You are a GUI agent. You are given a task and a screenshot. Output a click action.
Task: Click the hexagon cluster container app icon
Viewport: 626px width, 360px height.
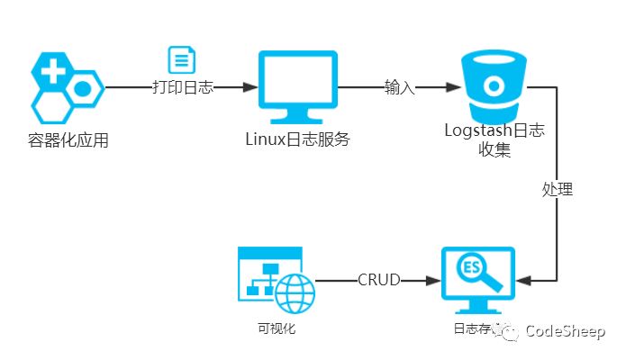[x=65, y=87]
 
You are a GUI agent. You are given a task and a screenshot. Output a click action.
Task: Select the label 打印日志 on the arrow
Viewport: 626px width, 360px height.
[x=183, y=88]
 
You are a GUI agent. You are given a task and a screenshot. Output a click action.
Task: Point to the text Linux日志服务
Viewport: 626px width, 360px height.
[x=297, y=139]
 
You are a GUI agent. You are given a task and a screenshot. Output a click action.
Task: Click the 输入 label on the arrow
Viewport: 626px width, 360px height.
[x=399, y=88]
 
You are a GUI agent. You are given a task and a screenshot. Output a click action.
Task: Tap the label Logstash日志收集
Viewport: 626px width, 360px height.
[x=494, y=139]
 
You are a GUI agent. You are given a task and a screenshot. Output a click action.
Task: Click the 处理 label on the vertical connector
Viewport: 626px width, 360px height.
[x=558, y=190]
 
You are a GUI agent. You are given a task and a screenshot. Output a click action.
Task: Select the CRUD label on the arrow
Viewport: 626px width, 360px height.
[x=379, y=281]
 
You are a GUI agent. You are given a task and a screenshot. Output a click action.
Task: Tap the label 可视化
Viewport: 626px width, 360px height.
[x=269, y=328]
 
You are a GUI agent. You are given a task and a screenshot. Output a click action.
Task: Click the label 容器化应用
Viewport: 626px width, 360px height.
[x=68, y=140]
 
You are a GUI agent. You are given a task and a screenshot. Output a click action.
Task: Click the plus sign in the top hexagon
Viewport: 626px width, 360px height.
[x=53, y=69]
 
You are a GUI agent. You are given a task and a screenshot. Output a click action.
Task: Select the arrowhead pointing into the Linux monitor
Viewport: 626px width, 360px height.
[x=240, y=88]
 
